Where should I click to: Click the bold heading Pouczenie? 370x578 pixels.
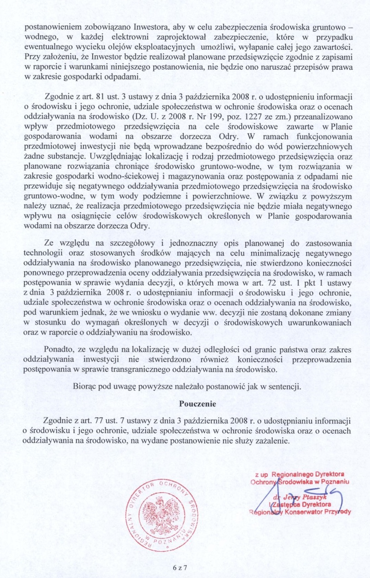198,404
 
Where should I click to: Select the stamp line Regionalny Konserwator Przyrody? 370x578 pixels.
300,512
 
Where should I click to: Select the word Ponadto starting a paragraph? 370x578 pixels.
58,350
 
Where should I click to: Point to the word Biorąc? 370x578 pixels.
84,386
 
